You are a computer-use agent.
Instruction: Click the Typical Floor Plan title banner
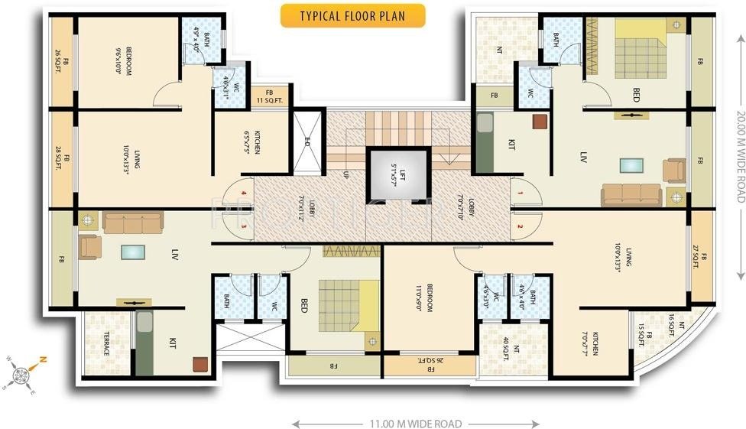click(x=352, y=15)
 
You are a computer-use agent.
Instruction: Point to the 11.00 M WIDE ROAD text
click(x=416, y=423)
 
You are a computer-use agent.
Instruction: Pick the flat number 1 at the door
click(x=519, y=194)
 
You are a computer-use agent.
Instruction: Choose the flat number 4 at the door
click(x=243, y=194)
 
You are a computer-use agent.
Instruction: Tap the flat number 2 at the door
click(x=519, y=226)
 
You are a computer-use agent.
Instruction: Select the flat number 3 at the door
click(x=243, y=226)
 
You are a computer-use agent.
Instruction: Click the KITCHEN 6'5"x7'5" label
click(x=252, y=142)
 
